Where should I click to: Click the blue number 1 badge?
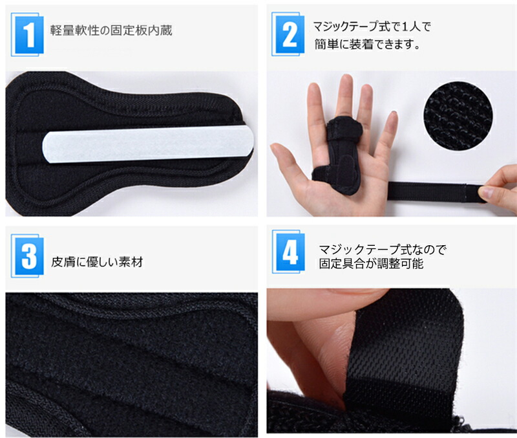(x=27, y=34)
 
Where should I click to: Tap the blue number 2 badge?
(x=288, y=34)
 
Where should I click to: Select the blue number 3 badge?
(x=27, y=256)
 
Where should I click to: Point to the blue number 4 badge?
(x=288, y=252)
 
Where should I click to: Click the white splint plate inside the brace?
(x=148, y=144)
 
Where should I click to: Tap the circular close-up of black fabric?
(x=458, y=116)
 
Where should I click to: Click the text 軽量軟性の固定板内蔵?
(x=111, y=30)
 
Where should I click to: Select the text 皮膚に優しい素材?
(x=97, y=262)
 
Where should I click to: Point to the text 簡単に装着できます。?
(x=367, y=44)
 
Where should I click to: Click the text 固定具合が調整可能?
(x=371, y=264)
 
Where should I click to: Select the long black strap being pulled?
(x=436, y=192)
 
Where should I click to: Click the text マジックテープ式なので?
(x=383, y=249)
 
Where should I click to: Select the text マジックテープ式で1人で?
(x=372, y=27)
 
